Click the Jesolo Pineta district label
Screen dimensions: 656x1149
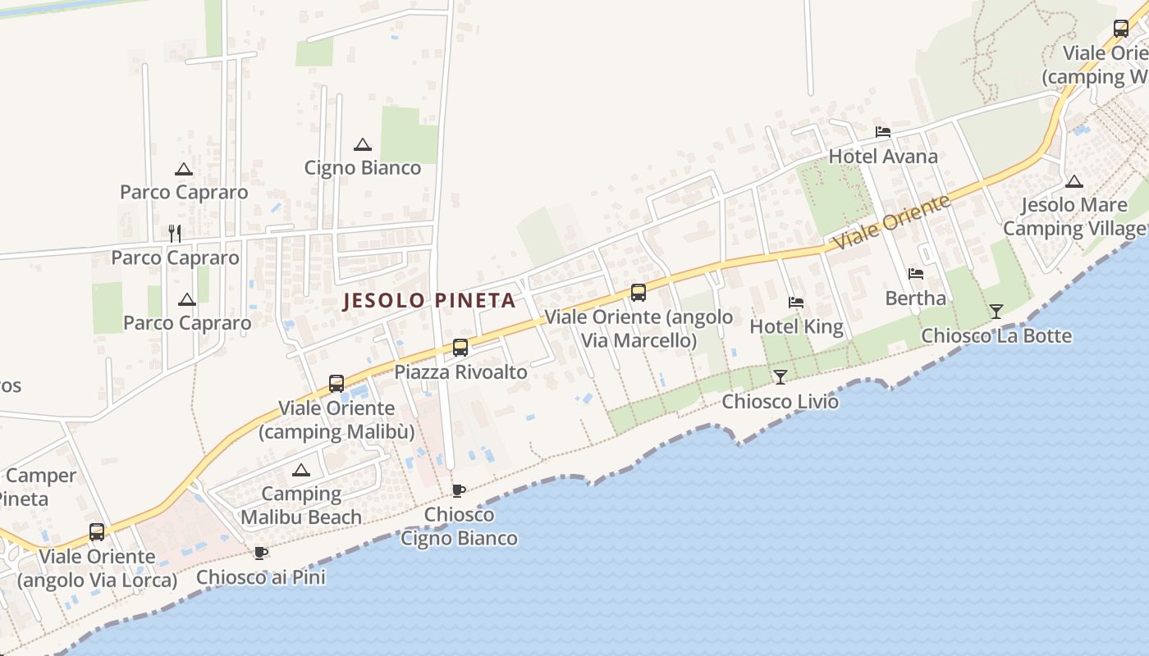(429, 301)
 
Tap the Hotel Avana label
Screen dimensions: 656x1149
(883, 157)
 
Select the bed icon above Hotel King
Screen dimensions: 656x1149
(795, 303)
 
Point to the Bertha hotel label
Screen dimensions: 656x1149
(915, 298)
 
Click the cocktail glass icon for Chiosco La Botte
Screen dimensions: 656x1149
(996, 311)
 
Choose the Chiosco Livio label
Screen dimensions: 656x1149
(780, 402)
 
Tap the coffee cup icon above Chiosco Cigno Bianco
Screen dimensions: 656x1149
(459, 490)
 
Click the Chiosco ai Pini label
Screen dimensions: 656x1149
(261, 577)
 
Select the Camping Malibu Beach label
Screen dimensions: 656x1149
(301, 505)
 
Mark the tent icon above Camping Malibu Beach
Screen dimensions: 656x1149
(301, 471)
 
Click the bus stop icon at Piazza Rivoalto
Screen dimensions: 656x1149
(460, 348)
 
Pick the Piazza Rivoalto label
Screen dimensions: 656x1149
(460, 371)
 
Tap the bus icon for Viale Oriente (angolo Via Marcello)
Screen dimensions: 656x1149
(639, 292)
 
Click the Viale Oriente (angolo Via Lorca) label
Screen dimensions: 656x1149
(97, 568)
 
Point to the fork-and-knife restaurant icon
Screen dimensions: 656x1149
(174, 234)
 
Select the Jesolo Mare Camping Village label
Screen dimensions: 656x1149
(1073, 216)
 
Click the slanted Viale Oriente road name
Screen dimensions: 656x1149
(891, 222)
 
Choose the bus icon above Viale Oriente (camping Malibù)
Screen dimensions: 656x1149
(336, 384)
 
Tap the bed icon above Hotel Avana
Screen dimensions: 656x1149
(883, 131)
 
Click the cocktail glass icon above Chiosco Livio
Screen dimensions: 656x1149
(780, 377)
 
